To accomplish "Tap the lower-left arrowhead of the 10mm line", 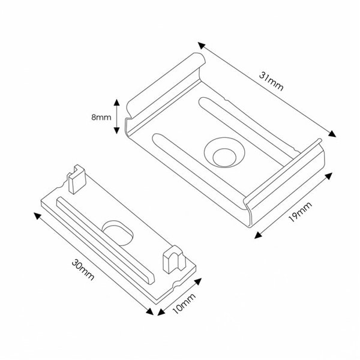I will point(160,313).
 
